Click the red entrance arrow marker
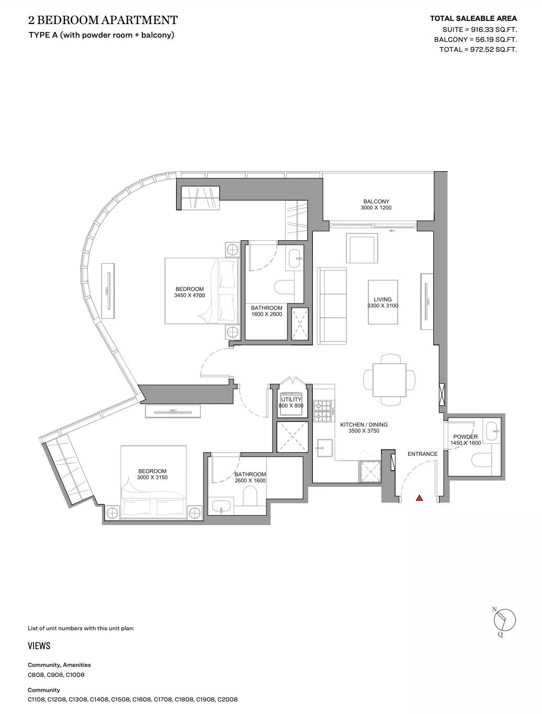click(x=419, y=498)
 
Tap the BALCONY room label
click(x=376, y=202)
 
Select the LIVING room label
click(x=382, y=300)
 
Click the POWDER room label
click(x=465, y=437)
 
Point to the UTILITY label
click(x=291, y=399)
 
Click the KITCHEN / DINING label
click(x=364, y=425)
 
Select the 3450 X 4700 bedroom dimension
click(x=189, y=296)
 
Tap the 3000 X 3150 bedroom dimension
click(x=152, y=478)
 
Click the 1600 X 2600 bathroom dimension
click(x=266, y=315)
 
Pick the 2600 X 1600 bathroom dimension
click(x=250, y=481)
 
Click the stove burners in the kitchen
click(x=323, y=411)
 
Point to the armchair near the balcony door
click(x=362, y=249)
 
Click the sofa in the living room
click(x=332, y=306)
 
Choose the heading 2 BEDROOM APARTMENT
click(x=103, y=20)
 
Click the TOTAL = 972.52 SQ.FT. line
click(x=478, y=50)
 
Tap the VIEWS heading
click(x=39, y=646)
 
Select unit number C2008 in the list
click(x=228, y=699)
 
